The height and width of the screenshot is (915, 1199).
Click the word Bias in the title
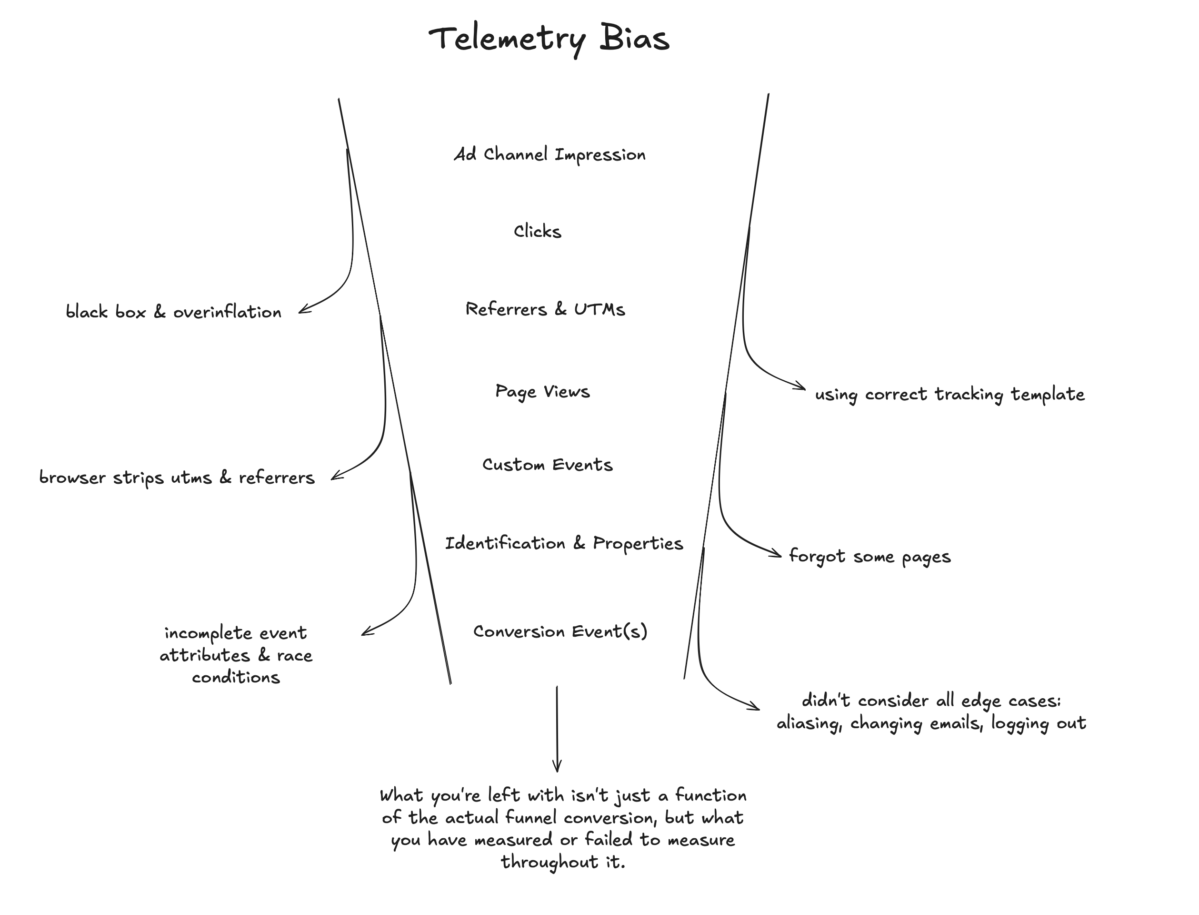[634, 38]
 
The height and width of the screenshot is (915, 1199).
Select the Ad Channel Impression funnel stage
[550, 155]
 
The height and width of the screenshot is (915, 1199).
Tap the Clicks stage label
[537, 232]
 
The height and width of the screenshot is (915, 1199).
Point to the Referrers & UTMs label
[545, 309]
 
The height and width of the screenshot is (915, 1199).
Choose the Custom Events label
[547, 465]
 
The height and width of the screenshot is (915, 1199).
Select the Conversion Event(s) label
[560, 631]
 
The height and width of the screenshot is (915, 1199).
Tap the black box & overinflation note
[174, 312]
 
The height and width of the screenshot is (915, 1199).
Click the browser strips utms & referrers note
[177, 478]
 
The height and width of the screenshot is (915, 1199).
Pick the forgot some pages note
[869, 557]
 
